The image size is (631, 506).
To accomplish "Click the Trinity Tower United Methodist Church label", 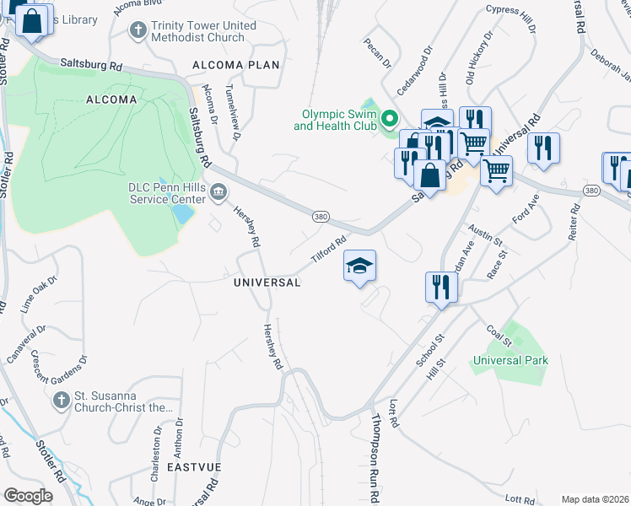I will [x=203, y=31].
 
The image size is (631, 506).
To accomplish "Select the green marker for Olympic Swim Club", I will [x=389, y=119].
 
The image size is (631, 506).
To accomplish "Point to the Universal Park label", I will [x=510, y=360].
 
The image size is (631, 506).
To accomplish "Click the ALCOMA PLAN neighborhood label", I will [x=235, y=65].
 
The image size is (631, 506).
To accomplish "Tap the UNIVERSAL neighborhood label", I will [x=267, y=283].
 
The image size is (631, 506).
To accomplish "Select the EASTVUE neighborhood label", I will [x=194, y=466].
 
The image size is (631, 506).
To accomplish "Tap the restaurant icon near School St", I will [x=441, y=287].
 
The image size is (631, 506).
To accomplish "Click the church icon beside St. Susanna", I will [x=61, y=401].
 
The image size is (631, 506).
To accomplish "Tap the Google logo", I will [x=29, y=496].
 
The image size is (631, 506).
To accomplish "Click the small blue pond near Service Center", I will [x=181, y=213].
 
